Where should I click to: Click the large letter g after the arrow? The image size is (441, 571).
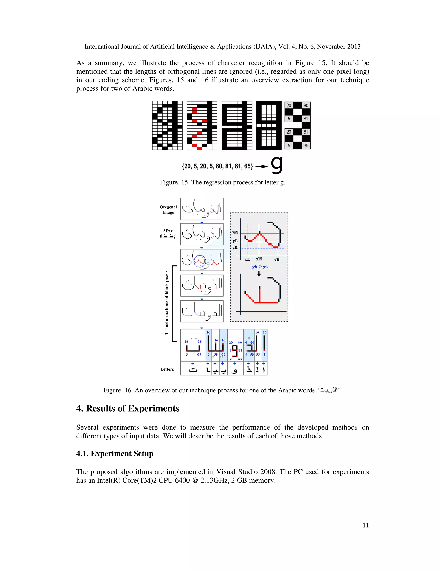point(277,165)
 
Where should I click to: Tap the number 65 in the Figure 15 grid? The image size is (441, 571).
point(306,146)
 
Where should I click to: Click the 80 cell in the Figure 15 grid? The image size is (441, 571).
point(306,105)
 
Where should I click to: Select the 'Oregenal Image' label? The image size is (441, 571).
point(168,209)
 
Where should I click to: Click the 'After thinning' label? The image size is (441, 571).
point(168,233)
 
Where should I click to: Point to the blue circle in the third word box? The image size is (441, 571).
point(200,261)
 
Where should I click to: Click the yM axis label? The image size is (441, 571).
point(235,232)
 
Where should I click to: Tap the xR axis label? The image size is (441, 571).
point(276,260)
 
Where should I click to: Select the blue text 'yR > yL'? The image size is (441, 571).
point(260,267)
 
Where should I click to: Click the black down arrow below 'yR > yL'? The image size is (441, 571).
point(259,274)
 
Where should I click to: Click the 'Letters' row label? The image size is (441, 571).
point(167,369)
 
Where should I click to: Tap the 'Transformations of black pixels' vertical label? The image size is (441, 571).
point(166,303)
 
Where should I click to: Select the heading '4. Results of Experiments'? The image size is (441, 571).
point(127,408)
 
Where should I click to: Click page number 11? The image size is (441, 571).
point(365,525)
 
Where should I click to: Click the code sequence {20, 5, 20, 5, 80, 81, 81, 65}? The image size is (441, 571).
point(217,166)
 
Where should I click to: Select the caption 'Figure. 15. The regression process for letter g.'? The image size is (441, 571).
point(222,182)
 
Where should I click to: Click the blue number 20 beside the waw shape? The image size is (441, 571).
point(231,342)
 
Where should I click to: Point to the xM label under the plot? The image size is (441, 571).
point(259,259)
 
